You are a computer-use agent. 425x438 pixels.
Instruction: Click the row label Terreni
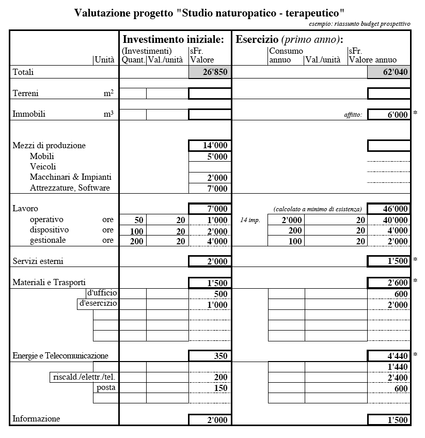coord(25,93)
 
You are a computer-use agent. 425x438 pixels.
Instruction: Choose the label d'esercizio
coord(98,304)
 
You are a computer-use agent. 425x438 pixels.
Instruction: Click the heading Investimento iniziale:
coord(174,40)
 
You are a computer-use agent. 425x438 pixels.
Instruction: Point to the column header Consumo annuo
coord(286,55)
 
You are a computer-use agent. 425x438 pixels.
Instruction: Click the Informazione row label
coord(36,419)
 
